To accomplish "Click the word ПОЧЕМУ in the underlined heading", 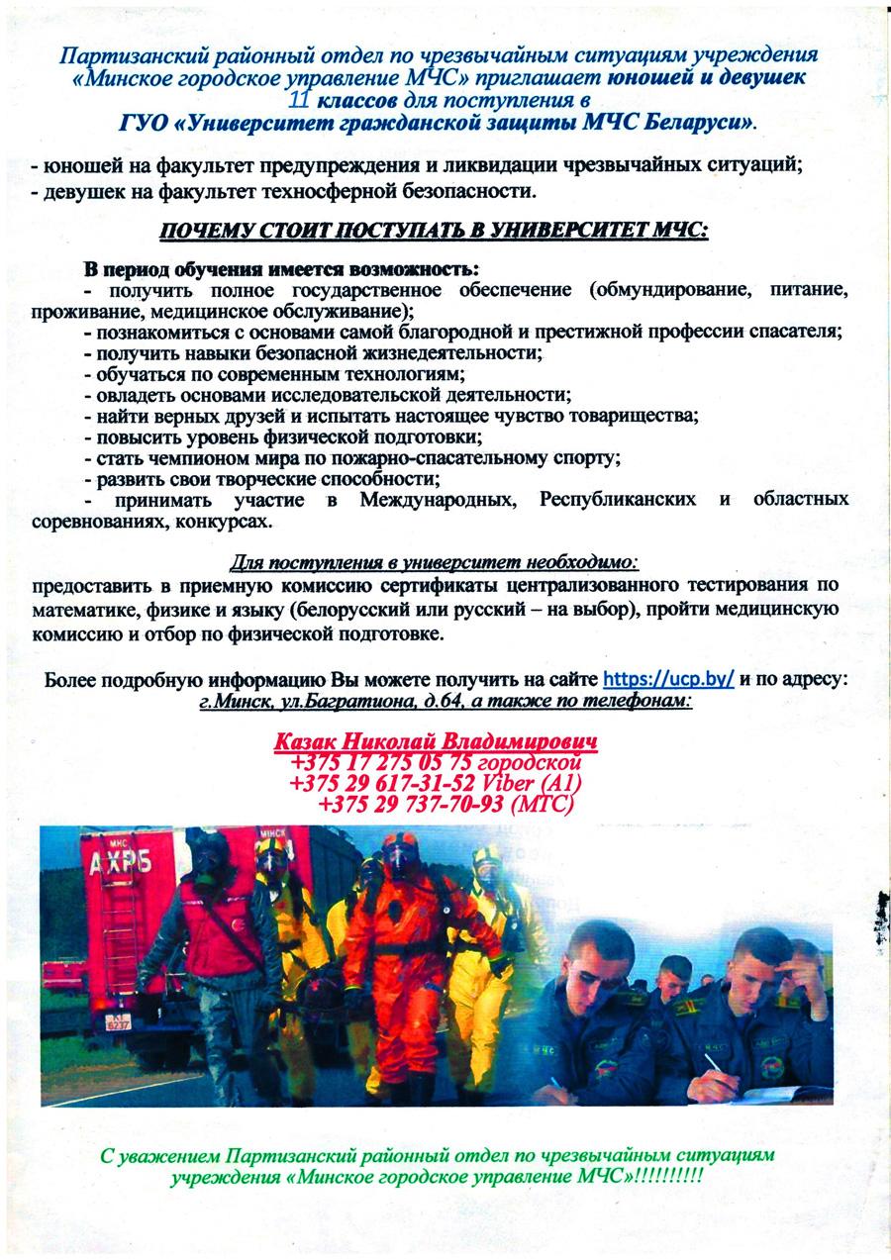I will click(x=204, y=232).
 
